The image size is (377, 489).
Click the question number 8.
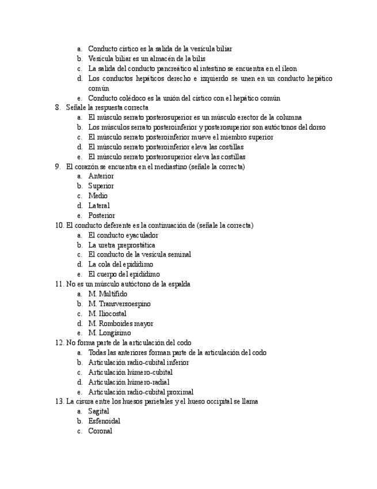(x=57, y=108)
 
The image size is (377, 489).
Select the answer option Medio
(x=97, y=196)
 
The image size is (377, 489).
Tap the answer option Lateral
(x=98, y=206)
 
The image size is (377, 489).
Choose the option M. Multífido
(x=108, y=294)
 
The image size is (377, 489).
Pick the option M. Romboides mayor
(x=120, y=324)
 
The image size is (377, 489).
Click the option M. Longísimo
(x=109, y=333)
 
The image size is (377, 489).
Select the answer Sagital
(x=98, y=412)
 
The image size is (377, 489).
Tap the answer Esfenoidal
(x=104, y=422)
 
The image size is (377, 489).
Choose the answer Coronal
(x=100, y=431)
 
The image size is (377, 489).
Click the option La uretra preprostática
(x=121, y=245)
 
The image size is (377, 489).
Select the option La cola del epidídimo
(x=120, y=265)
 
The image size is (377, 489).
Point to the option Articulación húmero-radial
(x=128, y=382)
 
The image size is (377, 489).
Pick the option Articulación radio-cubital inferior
(x=138, y=363)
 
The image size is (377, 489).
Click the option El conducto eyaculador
(x=123, y=235)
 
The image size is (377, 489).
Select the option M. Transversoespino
(x=119, y=304)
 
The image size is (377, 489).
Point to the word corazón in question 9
(x=86, y=167)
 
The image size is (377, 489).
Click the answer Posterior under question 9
(x=101, y=216)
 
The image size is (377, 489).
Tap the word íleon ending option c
(x=288, y=69)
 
